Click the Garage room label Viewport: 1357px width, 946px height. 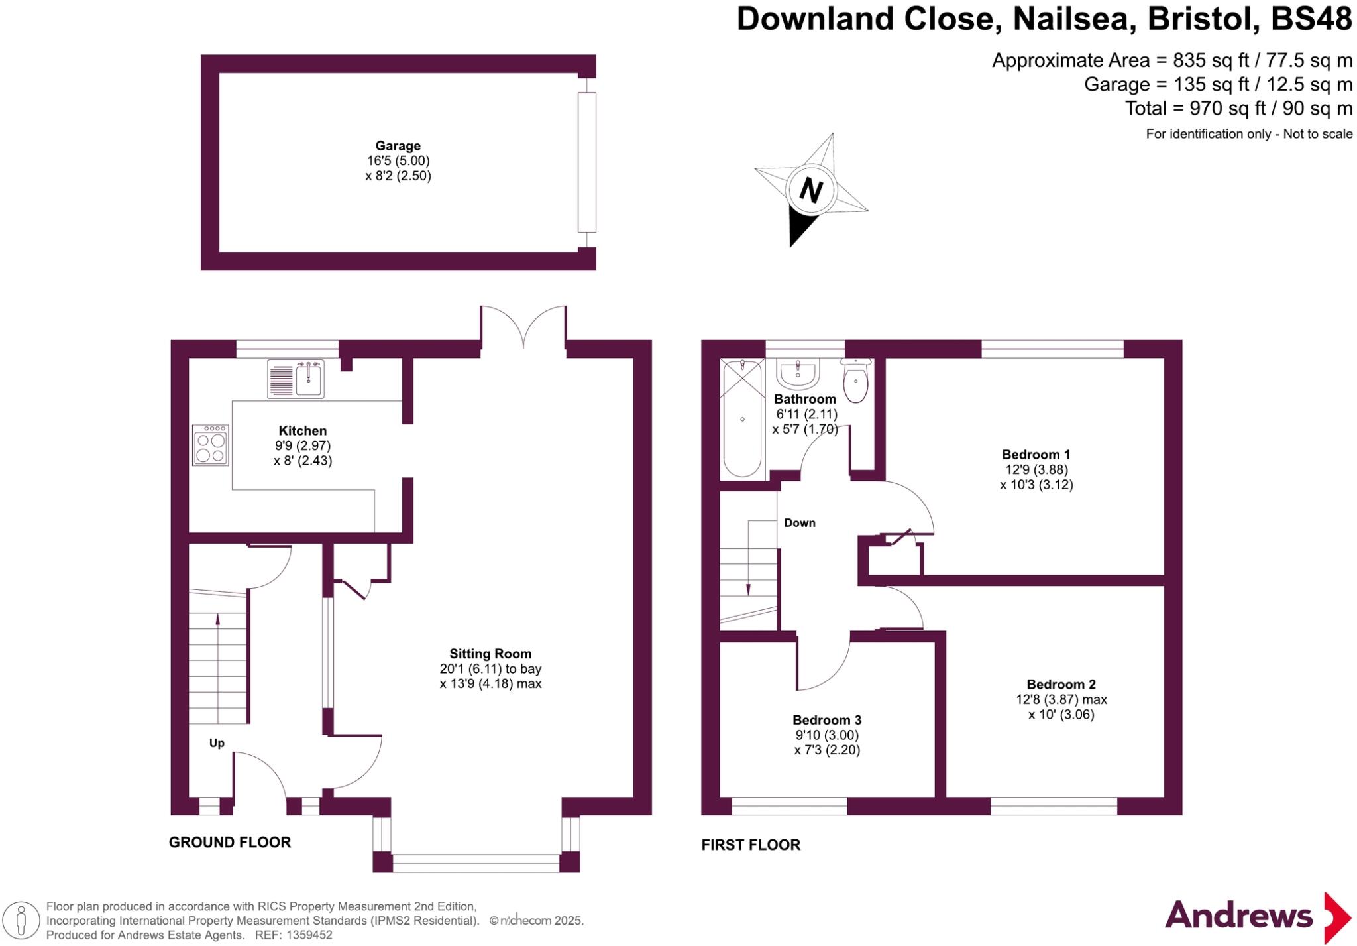tap(398, 146)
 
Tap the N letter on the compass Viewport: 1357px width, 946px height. tap(811, 190)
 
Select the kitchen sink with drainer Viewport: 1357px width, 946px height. tap(296, 379)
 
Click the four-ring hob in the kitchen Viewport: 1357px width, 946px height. tap(211, 445)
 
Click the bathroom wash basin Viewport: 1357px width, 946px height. tap(798, 374)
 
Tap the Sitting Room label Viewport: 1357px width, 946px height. tap(490, 654)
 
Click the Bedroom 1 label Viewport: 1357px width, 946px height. tap(1036, 455)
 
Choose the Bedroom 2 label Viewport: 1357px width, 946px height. tap(1061, 685)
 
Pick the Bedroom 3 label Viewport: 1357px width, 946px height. tap(827, 720)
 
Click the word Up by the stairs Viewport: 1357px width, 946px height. tap(217, 743)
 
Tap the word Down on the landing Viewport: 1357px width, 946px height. tap(800, 523)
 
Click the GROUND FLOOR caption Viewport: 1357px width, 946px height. tap(230, 843)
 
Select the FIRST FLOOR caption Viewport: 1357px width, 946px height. tap(751, 845)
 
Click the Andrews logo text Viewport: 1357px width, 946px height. tap(1238, 916)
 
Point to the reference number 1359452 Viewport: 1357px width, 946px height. tap(309, 935)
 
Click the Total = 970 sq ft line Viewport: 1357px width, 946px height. tap(1238, 108)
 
